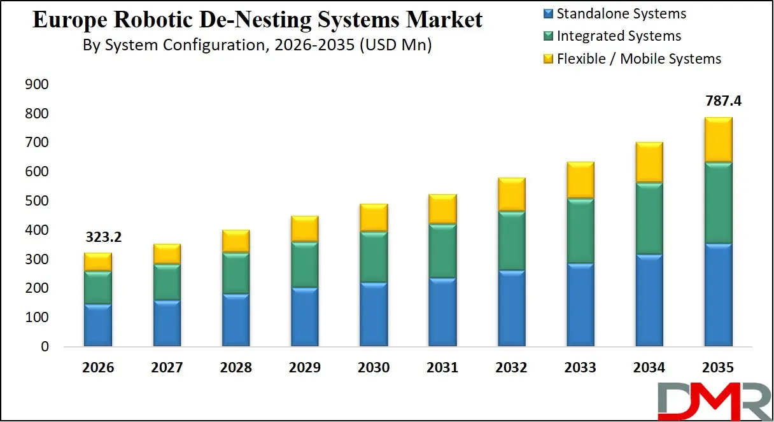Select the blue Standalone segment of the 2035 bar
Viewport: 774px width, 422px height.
coord(718,295)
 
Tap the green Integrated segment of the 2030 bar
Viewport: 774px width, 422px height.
coord(374,257)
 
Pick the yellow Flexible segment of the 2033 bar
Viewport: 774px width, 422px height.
coord(580,180)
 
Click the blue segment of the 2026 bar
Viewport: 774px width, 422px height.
coord(98,325)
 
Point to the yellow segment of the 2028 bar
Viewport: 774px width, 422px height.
coord(236,241)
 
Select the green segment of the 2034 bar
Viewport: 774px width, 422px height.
coord(649,218)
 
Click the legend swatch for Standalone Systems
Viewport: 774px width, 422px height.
coord(548,14)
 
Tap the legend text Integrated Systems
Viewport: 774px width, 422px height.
coord(619,36)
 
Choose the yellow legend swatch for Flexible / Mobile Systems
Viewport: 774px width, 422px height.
coord(548,59)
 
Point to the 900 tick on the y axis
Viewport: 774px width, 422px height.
coord(37,85)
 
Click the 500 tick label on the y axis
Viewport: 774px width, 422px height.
coord(37,201)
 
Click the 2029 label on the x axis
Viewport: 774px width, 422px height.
coord(305,368)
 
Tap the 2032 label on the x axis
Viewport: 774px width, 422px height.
coord(511,368)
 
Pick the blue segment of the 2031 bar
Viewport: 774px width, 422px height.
coord(442,312)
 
